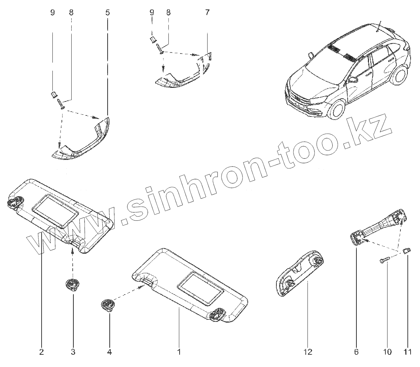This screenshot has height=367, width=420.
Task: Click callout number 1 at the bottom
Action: [x=179, y=352]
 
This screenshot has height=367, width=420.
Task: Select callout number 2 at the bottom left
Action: [x=41, y=352]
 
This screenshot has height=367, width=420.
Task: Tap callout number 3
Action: [x=73, y=352]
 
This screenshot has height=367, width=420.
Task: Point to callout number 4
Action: [x=109, y=352]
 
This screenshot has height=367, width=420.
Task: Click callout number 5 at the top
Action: [x=107, y=13]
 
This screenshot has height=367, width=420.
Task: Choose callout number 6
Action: [x=356, y=352]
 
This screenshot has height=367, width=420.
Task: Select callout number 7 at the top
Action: [x=207, y=13]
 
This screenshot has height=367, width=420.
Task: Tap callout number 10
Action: [x=388, y=352]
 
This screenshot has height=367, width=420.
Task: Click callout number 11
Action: [x=407, y=352]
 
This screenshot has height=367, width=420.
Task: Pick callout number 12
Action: [x=308, y=352]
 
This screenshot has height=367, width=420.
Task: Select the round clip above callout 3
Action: [x=72, y=284]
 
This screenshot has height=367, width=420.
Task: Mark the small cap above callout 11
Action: [x=406, y=251]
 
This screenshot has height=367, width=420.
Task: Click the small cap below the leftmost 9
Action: [x=53, y=94]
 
